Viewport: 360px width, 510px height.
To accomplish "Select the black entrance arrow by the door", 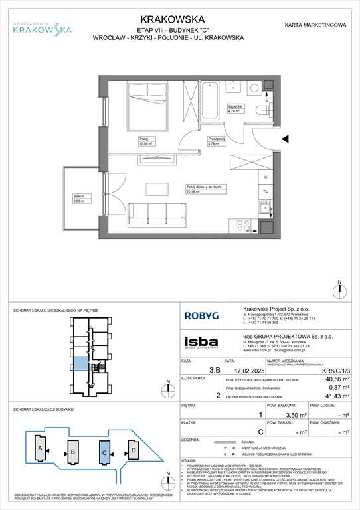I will pos(284,139).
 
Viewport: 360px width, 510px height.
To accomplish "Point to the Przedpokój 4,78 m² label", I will pos(217,141).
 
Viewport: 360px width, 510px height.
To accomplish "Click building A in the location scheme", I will pos(39,451).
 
